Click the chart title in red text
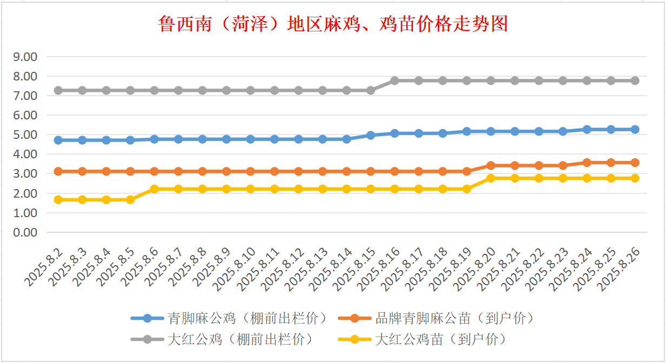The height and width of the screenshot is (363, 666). pyautogui.click(x=333, y=24)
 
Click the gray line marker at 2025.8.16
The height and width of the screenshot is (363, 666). pyautogui.click(x=395, y=80)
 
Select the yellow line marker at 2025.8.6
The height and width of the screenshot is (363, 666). pyautogui.click(x=155, y=189)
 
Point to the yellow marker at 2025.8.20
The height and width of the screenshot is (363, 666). pyautogui.click(x=491, y=178)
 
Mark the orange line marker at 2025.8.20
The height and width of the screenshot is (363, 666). pyautogui.click(x=491, y=165)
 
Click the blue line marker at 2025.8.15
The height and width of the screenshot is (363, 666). pyautogui.click(x=371, y=135)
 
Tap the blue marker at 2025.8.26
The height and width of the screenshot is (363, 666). pyautogui.click(x=635, y=130)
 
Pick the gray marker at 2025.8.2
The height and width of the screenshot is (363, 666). pyautogui.click(x=58, y=90)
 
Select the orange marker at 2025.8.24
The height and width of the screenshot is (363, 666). pyautogui.click(x=587, y=163)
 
